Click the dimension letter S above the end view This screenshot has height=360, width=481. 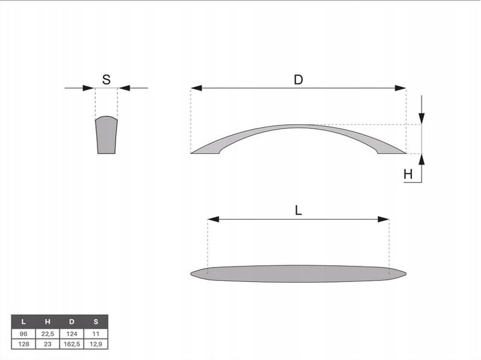106,80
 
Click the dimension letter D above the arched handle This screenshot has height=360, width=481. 298,80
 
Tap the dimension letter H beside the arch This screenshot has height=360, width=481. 408,175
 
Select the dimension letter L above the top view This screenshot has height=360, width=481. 298,211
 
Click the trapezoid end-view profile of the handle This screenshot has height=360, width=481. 106,136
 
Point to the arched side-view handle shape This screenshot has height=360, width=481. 298,127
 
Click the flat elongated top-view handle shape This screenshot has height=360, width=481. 298,274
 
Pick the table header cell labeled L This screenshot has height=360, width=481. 23,322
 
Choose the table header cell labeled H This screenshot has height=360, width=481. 47,322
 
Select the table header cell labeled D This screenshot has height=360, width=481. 71,322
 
